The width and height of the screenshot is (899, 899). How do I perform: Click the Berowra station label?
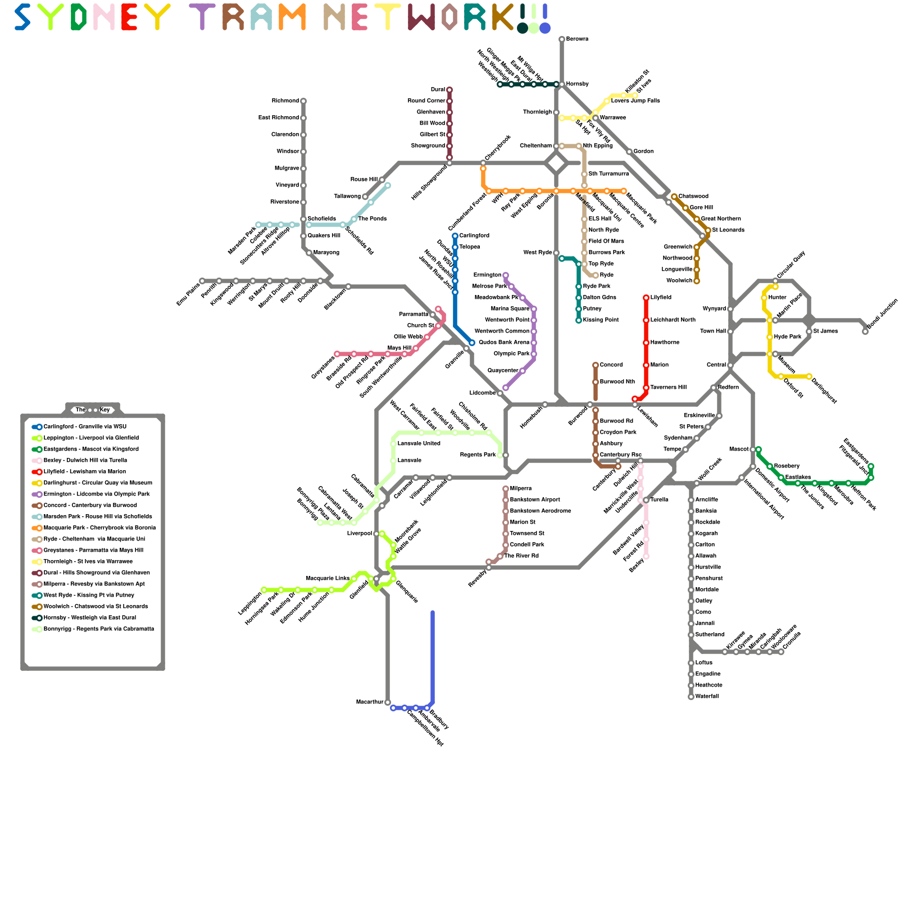point(577,39)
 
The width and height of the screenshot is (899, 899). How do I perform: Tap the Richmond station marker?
point(303,101)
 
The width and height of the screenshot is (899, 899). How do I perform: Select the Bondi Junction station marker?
point(865,332)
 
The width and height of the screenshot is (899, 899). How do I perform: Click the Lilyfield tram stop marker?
point(646,298)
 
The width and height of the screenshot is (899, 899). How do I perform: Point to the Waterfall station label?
point(707,697)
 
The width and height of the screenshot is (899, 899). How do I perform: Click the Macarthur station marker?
point(388,702)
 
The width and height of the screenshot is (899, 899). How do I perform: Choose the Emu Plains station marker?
point(202,281)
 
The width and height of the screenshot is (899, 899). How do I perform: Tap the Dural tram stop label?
point(438,90)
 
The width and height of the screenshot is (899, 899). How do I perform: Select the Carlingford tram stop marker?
point(455,236)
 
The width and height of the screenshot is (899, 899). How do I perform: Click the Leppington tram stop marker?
point(264,590)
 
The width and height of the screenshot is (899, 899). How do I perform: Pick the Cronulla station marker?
point(781,652)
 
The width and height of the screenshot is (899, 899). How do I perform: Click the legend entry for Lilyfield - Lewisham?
point(85,472)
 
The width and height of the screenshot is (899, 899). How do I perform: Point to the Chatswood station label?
point(693,197)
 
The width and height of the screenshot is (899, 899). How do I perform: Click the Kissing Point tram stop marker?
point(579,320)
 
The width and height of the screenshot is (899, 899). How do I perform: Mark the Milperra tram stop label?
point(520,489)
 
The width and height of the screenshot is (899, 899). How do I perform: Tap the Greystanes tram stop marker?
point(337,354)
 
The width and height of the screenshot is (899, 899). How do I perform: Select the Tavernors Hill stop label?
point(668,388)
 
